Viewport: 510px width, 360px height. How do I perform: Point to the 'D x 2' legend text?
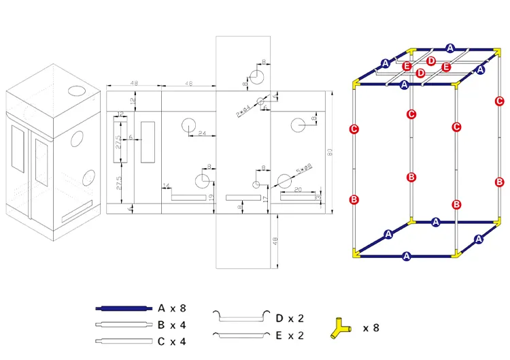click(288, 318)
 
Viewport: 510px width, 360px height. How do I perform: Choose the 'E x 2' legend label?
click(288, 335)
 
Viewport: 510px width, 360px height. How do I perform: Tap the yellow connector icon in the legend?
click(341, 328)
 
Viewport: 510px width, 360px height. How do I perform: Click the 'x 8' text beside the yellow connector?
click(371, 328)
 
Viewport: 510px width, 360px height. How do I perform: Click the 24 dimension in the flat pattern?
click(203, 133)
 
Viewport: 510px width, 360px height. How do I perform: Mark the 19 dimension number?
click(211, 197)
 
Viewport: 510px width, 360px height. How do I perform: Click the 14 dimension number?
click(166, 185)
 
